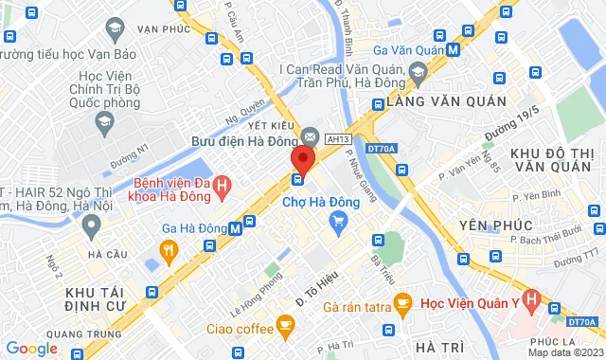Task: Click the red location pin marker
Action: [301, 157]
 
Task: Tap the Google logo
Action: [31, 348]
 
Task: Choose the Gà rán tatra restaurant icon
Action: [401, 305]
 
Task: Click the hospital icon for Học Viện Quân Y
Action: [530, 305]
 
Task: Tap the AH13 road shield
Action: [338, 139]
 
